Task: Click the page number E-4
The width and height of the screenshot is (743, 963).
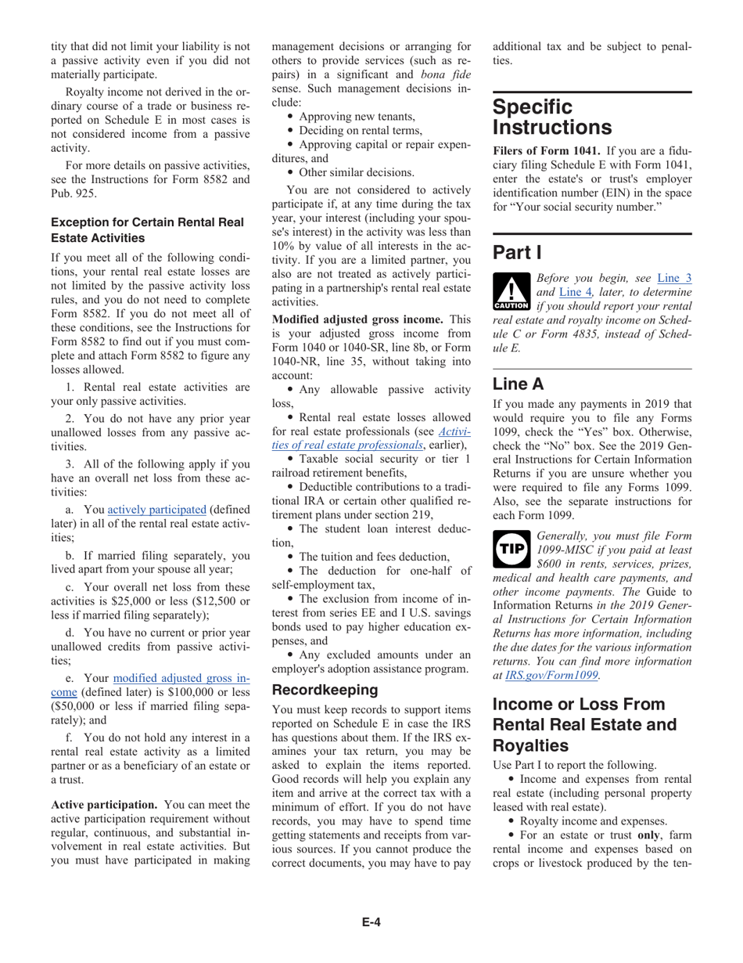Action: click(371, 922)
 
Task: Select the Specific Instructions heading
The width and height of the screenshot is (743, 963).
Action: click(551, 117)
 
